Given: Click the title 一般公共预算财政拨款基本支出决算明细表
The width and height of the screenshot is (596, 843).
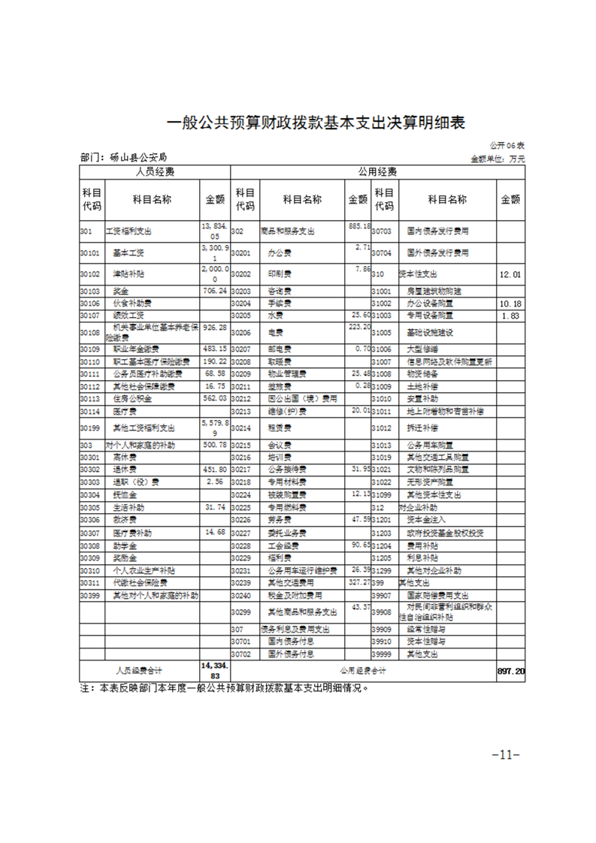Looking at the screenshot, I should (x=298, y=123).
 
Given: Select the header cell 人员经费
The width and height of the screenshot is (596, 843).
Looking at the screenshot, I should (x=155, y=172).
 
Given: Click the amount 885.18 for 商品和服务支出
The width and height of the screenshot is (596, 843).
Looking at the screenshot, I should (x=355, y=226).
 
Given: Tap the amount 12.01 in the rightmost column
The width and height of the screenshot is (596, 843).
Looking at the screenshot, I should (x=510, y=274).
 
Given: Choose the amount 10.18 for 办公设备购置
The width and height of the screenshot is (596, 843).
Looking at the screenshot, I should (x=510, y=303).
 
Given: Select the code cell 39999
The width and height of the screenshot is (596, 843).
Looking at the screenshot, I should (x=384, y=654).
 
